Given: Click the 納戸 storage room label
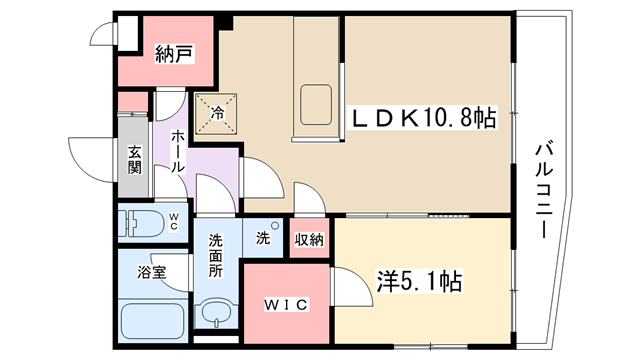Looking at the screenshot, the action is [x=174, y=54].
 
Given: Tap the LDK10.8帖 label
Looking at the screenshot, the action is [x=422, y=118].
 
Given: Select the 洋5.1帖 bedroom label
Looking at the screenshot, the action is [x=419, y=281].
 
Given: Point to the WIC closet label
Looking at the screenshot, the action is [x=286, y=304].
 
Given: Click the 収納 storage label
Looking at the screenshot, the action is [x=309, y=240].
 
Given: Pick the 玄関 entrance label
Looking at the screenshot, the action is [x=134, y=160].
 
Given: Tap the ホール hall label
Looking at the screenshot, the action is [x=177, y=151].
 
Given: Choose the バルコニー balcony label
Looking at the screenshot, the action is [x=543, y=190].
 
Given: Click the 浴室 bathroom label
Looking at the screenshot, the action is [x=152, y=272].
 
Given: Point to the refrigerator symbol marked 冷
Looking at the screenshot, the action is [x=216, y=114].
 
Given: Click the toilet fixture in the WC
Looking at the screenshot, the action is [x=143, y=224].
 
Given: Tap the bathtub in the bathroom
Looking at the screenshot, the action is [x=153, y=322].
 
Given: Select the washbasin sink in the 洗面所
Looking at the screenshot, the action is [x=216, y=313].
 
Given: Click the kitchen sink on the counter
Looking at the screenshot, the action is [x=316, y=104].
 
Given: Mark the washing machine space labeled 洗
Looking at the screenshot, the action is [x=263, y=237].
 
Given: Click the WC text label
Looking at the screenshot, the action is [x=173, y=222].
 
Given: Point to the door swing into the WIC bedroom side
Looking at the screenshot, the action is [x=352, y=286].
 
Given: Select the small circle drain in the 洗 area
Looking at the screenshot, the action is [x=275, y=225].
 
